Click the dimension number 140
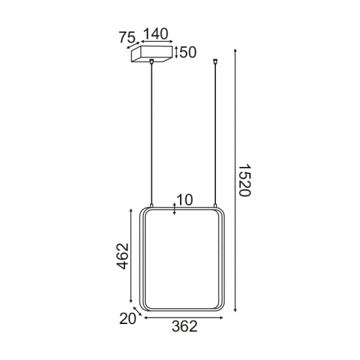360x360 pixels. (156, 34)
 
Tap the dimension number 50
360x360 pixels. (188, 52)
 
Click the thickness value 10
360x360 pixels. (185, 200)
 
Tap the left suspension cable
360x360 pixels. (152, 131)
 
